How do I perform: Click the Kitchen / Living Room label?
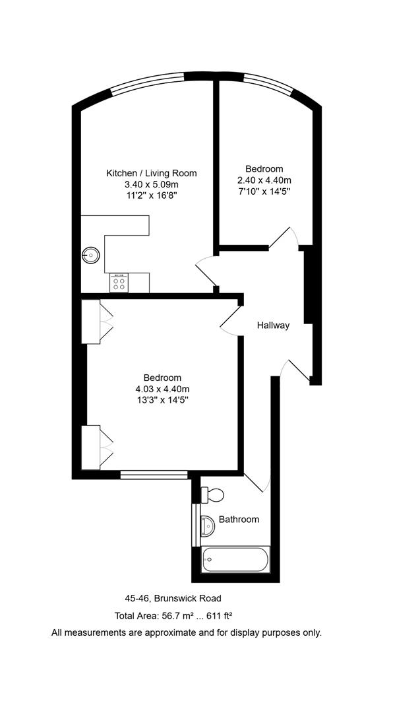tap(152, 173)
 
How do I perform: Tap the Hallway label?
tap(273, 325)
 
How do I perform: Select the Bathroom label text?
tap(239, 520)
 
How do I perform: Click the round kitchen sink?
tap(91, 254)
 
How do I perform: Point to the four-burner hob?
tap(119, 283)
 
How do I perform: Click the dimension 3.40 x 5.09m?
tap(152, 184)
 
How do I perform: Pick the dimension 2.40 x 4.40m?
tap(264, 180)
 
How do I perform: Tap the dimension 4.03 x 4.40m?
tap(162, 389)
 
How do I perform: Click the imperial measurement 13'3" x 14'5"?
tap(162, 400)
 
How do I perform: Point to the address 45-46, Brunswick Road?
tap(173, 599)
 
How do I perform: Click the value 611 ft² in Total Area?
tap(216, 616)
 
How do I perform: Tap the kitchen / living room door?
tap(206, 271)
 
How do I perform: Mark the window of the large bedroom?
tap(154, 473)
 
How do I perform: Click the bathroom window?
tap(195, 525)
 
